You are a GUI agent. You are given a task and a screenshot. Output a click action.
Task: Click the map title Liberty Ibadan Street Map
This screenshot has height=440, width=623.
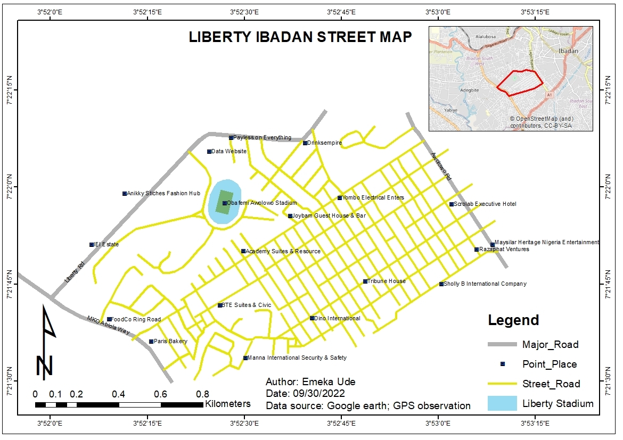(x=300, y=37)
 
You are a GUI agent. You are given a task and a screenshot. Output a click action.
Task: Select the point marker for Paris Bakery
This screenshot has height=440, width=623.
(x=151, y=342)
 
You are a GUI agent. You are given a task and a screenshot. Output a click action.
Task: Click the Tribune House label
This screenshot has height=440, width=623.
(x=387, y=281)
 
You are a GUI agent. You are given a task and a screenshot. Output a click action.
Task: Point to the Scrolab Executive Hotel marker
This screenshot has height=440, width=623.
(x=452, y=204)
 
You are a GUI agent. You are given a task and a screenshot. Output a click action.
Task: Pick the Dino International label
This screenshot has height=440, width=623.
(x=338, y=318)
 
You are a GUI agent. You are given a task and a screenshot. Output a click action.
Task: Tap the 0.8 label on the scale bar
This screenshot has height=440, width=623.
(x=202, y=394)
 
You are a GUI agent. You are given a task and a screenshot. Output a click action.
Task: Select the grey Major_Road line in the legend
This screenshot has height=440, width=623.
(x=503, y=345)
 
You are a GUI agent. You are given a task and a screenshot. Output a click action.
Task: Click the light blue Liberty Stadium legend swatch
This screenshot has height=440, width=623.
(x=503, y=403)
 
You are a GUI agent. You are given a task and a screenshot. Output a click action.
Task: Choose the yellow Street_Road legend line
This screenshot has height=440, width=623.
(x=503, y=384)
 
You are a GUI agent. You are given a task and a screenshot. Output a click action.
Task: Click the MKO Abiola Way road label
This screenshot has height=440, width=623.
(x=109, y=325)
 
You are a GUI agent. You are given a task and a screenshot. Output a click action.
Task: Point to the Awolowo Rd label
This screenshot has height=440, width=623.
(x=441, y=167)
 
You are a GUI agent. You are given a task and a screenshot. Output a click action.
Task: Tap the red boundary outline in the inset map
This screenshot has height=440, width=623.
(x=520, y=83)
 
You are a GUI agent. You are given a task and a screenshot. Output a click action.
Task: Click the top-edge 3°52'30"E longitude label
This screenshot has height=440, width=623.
(x=244, y=12)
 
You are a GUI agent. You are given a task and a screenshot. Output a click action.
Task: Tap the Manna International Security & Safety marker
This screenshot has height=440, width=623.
(x=245, y=358)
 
